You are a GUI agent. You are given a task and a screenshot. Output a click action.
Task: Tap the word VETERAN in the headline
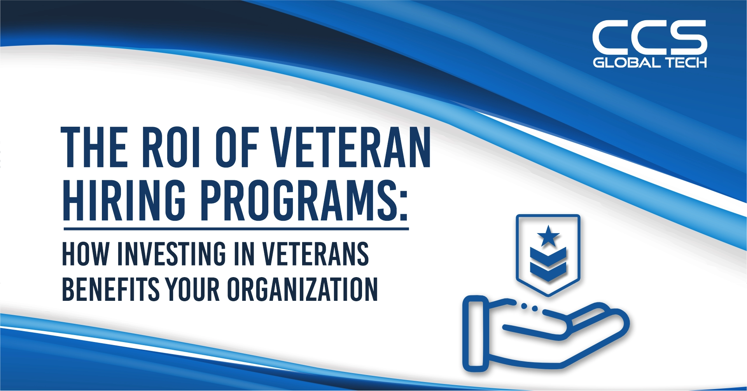click(x=351, y=148)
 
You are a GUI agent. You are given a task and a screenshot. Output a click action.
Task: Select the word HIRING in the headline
click(x=124, y=200)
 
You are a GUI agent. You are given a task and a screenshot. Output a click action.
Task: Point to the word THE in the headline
click(x=94, y=148)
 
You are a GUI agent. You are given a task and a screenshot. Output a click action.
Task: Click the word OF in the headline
click(x=237, y=148)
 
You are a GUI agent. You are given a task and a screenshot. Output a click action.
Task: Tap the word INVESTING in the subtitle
click(x=171, y=254)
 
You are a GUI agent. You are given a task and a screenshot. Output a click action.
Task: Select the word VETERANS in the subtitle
click(x=315, y=254)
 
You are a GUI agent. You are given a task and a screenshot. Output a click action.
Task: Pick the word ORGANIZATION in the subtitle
click(x=302, y=290)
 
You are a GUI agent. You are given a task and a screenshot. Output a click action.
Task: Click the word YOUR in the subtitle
click(x=193, y=290)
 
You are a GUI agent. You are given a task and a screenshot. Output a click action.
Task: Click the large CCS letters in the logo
click(x=649, y=38)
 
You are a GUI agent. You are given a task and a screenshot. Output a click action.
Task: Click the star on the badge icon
click(x=548, y=236)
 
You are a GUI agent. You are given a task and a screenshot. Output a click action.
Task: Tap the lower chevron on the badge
click(x=548, y=271)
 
